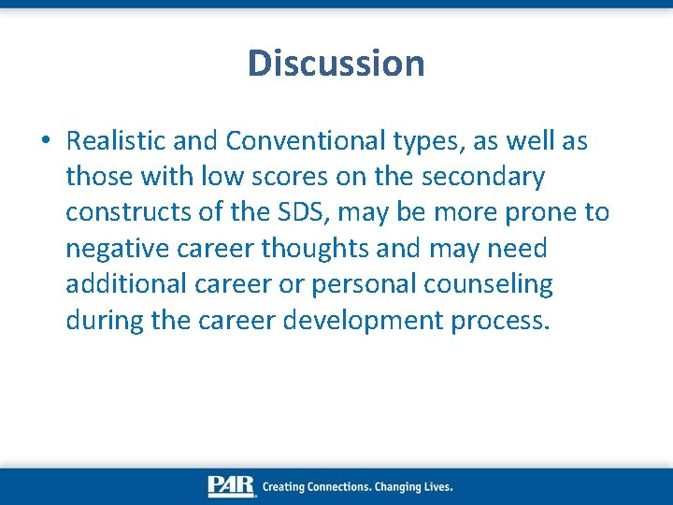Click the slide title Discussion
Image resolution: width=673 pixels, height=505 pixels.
click(x=336, y=64)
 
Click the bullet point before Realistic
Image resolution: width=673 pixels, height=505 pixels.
click(x=46, y=142)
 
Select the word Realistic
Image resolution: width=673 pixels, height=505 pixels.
click(x=117, y=140)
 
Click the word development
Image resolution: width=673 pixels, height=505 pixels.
click(x=364, y=321)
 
